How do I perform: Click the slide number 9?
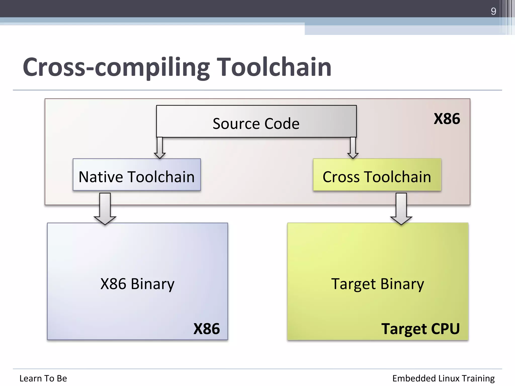(493, 11)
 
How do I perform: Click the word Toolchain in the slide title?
(274, 67)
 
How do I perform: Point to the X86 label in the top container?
(447, 119)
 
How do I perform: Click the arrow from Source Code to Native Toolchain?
(160, 148)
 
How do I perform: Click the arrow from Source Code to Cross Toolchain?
(353, 148)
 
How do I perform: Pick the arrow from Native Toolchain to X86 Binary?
(105, 209)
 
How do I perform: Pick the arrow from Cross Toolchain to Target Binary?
(401, 209)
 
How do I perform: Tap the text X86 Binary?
(137, 284)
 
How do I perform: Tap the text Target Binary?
(377, 284)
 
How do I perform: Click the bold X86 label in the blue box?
(206, 328)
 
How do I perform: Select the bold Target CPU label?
(420, 328)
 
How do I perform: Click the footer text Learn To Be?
(43, 378)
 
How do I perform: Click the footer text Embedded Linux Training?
(443, 378)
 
